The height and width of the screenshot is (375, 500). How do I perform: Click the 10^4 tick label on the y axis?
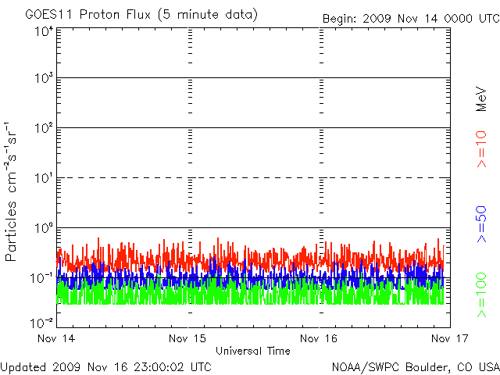coord(43,32)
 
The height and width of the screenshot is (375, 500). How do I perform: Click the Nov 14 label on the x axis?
coord(56,339)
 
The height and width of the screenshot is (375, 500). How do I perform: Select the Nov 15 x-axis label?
coord(188,339)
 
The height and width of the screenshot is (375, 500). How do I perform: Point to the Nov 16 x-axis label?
coord(320,339)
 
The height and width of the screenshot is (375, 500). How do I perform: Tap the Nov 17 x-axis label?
coord(448,339)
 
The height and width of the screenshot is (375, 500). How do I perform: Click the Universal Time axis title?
coord(253,351)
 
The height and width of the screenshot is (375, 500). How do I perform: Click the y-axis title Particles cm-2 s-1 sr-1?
coord(13,191)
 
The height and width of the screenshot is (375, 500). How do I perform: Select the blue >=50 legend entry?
coord(481,224)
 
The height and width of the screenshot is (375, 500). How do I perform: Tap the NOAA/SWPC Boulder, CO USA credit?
coord(415,366)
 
